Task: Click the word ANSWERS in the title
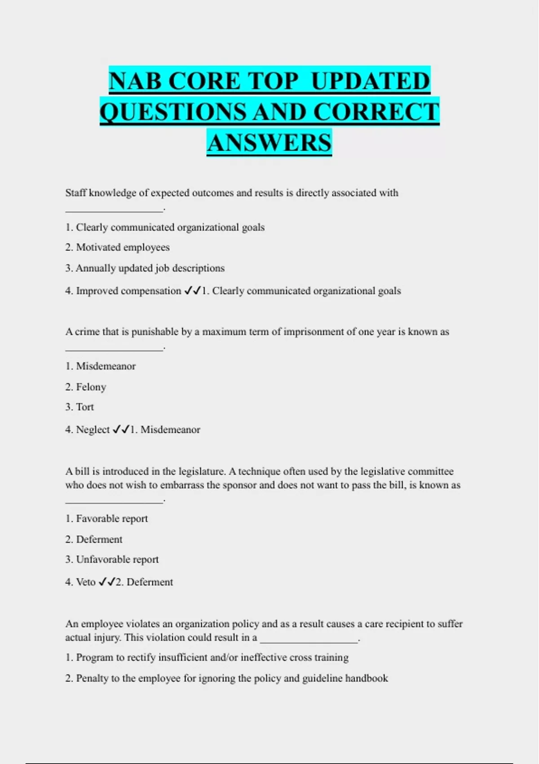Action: click(269, 143)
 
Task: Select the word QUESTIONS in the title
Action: click(173, 112)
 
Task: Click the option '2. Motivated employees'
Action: click(117, 247)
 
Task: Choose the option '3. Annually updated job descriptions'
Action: click(145, 268)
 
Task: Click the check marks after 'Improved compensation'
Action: click(192, 291)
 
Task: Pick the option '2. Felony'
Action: click(85, 387)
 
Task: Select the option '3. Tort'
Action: click(80, 407)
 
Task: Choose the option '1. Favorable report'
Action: click(106, 519)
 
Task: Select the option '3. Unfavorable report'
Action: click(112, 560)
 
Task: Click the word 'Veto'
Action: click(86, 582)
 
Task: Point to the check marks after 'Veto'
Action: click(107, 582)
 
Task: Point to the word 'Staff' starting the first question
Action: click(75, 193)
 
